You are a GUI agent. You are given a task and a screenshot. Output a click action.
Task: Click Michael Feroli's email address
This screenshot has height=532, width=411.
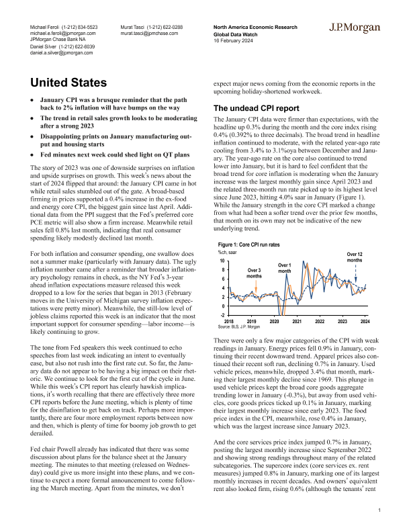click(64, 32)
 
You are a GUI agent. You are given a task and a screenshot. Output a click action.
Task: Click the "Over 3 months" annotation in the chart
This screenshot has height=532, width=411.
click(254, 272)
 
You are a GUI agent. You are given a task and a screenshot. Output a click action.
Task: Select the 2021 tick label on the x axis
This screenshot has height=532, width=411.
click(298, 321)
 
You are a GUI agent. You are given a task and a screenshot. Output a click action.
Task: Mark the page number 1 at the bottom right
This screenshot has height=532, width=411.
click(379, 512)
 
